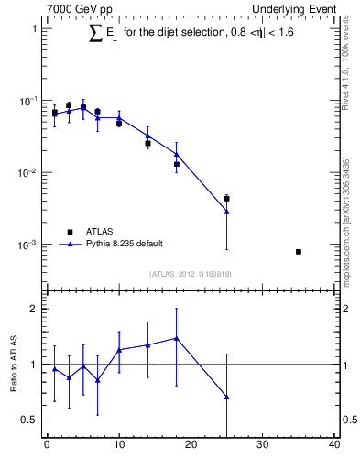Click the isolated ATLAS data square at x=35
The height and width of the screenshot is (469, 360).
point(299,251)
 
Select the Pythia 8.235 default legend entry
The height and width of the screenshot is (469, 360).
point(125,244)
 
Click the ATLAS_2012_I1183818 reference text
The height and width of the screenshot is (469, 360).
point(190,274)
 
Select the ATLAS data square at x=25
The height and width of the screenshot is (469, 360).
point(226,198)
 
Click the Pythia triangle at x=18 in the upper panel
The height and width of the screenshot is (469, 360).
point(176,154)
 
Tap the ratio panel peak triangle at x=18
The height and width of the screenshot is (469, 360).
point(176,338)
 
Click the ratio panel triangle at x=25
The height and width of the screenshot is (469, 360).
point(226,397)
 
